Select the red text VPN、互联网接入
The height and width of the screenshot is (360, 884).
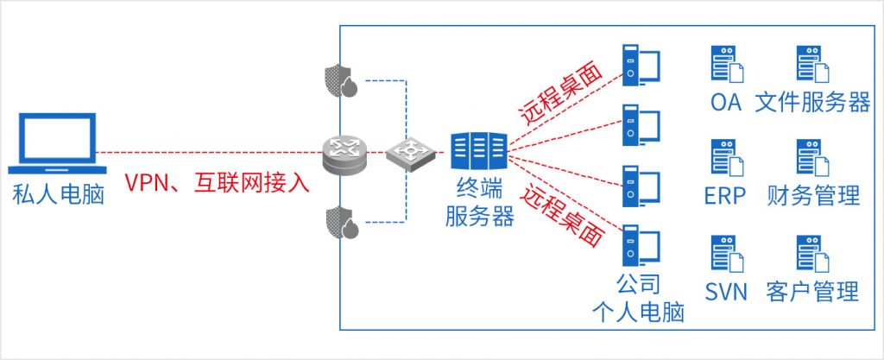tap(217, 183)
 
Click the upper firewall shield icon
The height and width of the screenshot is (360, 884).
tap(342, 80)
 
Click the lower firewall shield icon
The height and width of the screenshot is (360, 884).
tap(342, 223)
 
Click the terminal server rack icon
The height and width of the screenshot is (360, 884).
tap(478, 152)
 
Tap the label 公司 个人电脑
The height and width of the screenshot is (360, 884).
tap(638, 298)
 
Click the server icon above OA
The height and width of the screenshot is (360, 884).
tap(727, 64)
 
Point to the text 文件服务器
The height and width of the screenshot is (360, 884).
tap(812, 103)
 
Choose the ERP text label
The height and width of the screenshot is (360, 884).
tap(725, 195)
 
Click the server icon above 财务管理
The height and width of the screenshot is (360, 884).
tap(813, 157)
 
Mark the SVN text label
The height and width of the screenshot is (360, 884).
tap(726, 292)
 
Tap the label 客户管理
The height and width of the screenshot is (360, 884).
tap(812, 291)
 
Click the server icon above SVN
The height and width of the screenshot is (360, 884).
tap(727, 254)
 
